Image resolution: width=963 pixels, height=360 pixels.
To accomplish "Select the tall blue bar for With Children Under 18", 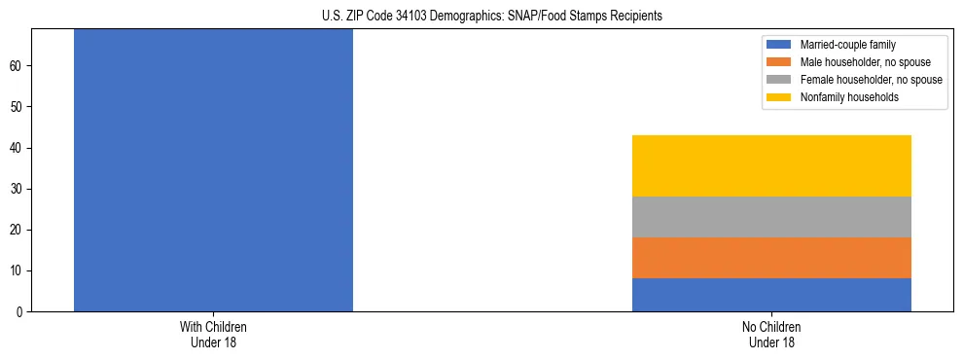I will coord(213,170).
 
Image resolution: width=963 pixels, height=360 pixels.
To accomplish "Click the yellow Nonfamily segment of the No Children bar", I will coord(771,165).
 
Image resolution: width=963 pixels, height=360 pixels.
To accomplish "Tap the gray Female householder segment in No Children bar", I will coord(771,217).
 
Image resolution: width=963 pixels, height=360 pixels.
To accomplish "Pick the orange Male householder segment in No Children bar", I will coord(771,258).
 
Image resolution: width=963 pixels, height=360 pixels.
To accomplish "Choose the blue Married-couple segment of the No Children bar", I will coord(771,295).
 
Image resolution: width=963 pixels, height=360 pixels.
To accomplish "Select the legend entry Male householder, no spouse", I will coord(864,62).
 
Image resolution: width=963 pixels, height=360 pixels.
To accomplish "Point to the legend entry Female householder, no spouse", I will coord(871,80).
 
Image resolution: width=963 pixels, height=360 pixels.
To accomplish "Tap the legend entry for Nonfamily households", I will coord(849,97).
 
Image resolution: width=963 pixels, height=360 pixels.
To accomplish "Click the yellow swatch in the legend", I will coord(779,97).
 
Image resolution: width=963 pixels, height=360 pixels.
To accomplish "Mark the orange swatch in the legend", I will coord(779,62).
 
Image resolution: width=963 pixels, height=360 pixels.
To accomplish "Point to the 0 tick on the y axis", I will coord(21,311).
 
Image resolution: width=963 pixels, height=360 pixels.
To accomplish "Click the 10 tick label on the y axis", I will coord(18,270).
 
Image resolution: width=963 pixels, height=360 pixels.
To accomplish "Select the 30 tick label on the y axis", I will coord(18,189).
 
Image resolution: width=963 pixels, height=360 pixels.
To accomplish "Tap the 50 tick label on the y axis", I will coord(18,107).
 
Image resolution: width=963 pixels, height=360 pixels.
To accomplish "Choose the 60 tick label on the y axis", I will coord(18,66).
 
